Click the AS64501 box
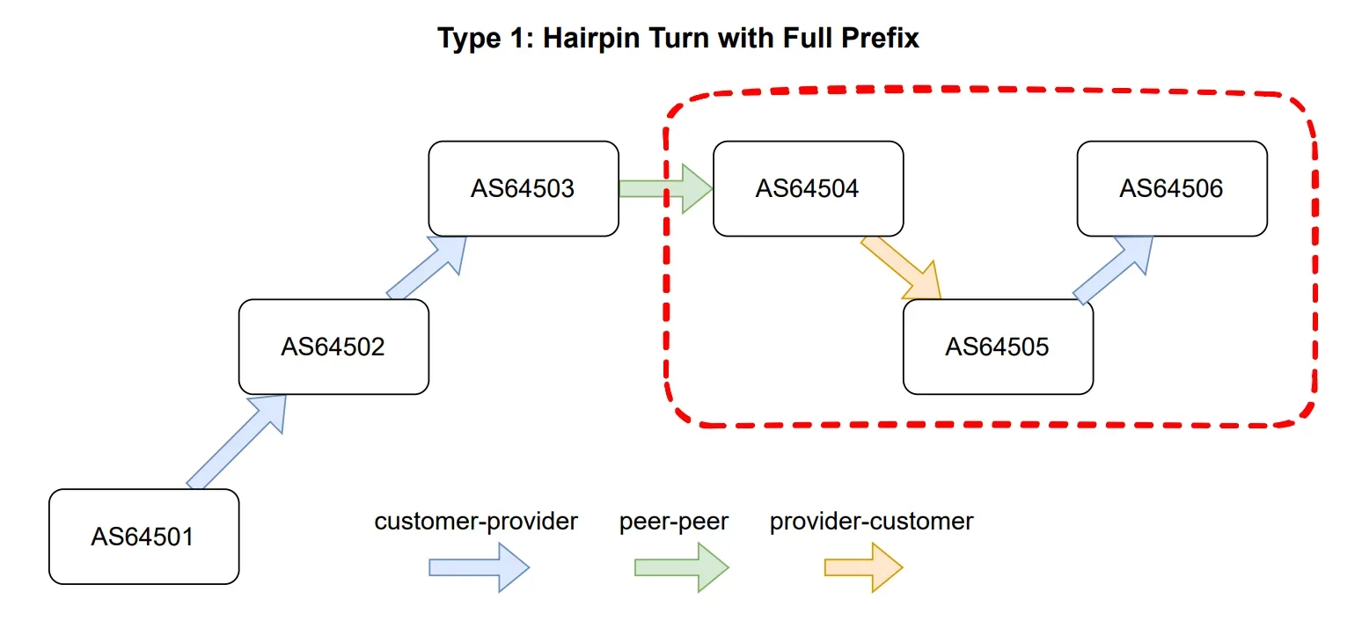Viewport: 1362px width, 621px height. click(143, 537)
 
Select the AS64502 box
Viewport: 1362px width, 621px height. click(333, 347)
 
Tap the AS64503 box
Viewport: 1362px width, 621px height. click(524, 188)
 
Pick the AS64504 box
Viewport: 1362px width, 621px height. click(808, 188)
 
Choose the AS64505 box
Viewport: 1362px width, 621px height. click(998, 347)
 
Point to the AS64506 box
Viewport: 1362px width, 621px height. click(1172, 188)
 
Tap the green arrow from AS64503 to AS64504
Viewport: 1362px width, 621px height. click(665, 188)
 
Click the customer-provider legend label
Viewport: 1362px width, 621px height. click(476, 522)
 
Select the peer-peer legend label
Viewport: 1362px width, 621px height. click(674, 522)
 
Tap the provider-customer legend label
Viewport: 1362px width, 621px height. click(871, 522)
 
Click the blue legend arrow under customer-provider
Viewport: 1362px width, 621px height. click(479, 567)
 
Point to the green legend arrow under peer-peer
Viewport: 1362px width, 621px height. click(682, 567)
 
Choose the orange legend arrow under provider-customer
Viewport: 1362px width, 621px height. click(863, 567)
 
